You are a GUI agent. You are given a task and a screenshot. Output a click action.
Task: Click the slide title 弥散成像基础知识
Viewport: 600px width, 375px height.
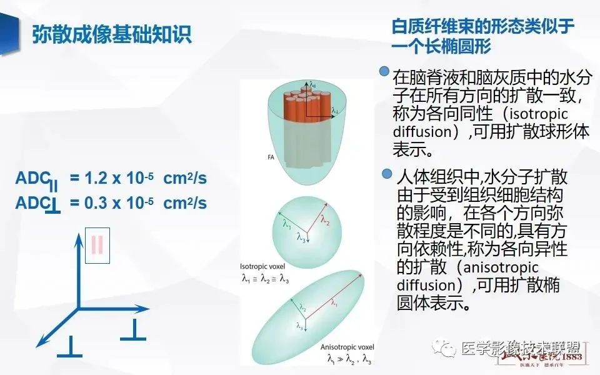(112, 34)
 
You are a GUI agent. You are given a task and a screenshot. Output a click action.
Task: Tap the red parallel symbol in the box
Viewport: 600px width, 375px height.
(97, 245)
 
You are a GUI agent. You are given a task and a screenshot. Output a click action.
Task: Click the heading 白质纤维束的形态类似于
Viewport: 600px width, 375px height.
(482, 27)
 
